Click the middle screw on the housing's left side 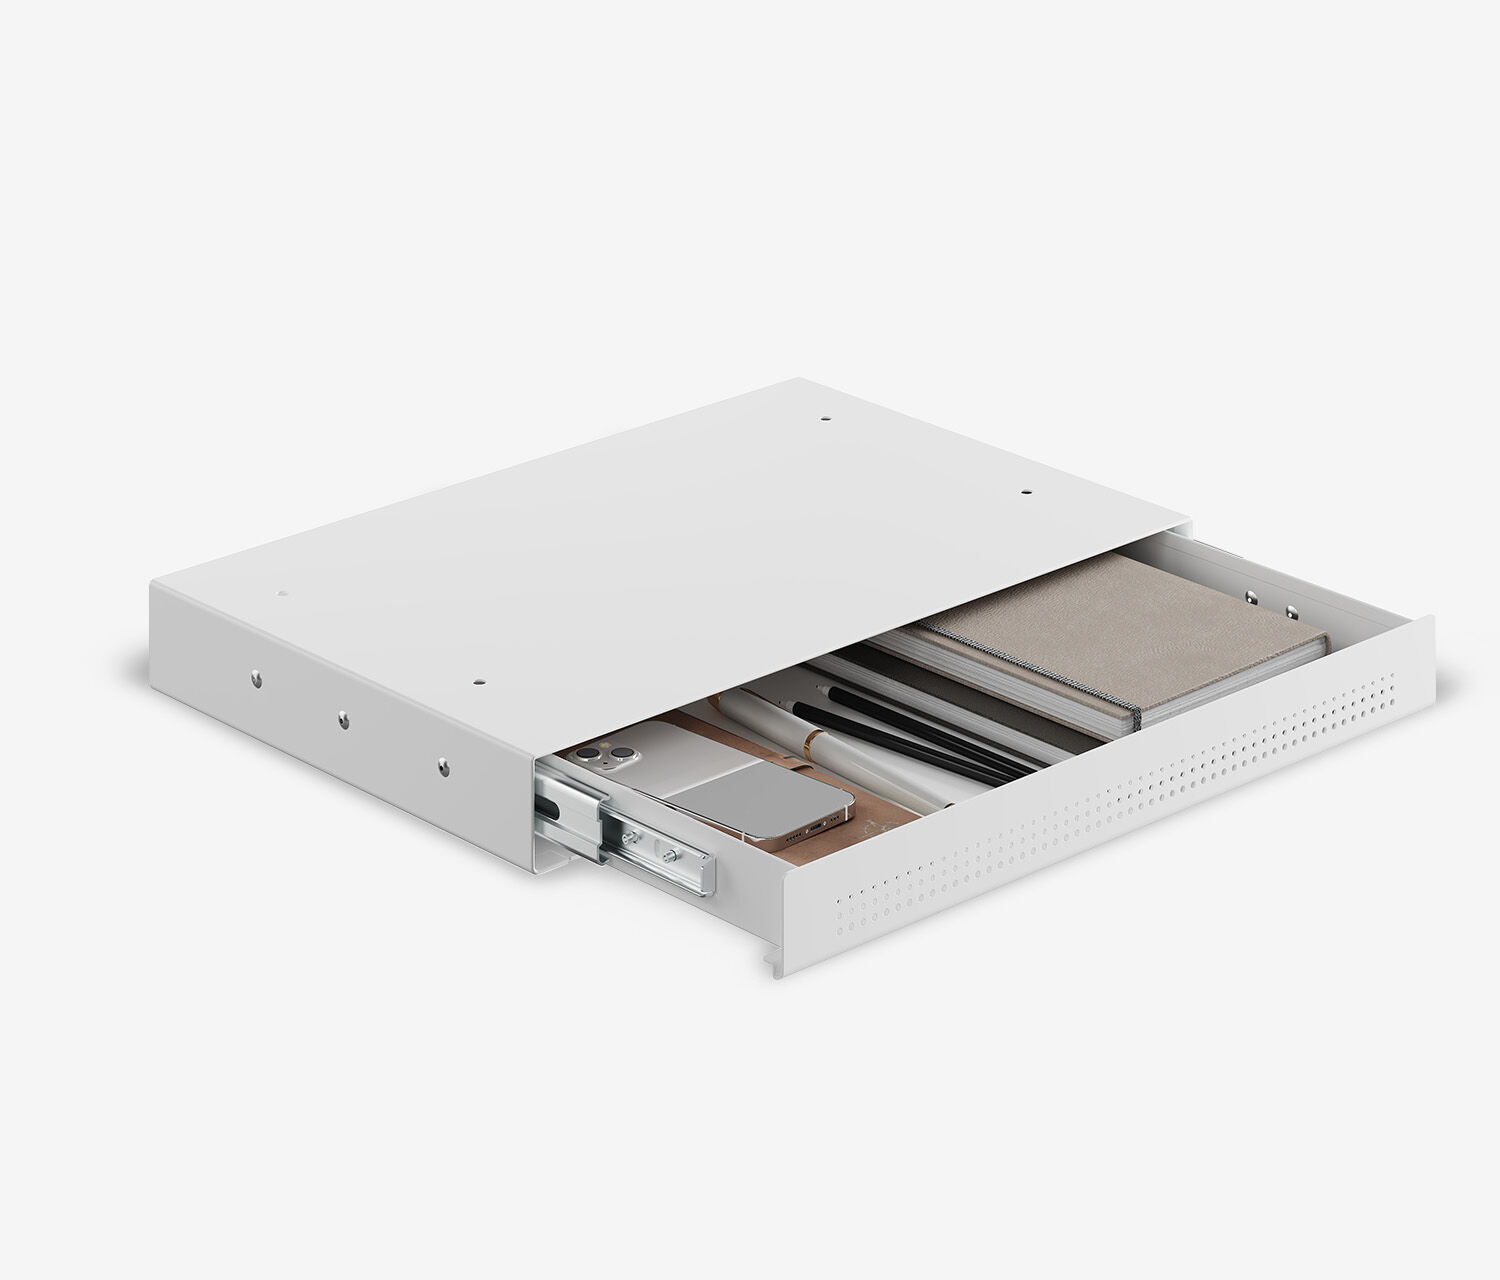click(x=343, y=717)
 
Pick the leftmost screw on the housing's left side click(x=257, y=678)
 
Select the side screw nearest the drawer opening click(x=441, y=765)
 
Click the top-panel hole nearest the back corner click(x=825, y=421)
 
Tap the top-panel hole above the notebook click(x=1026, y=493)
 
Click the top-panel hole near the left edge click(x=280, y=592)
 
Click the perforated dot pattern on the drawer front click(x=1100, y=790)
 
